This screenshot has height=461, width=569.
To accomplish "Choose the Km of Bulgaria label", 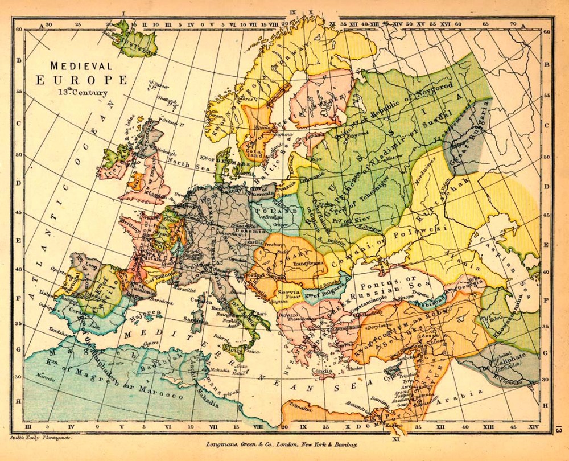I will [x=321, y=292].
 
